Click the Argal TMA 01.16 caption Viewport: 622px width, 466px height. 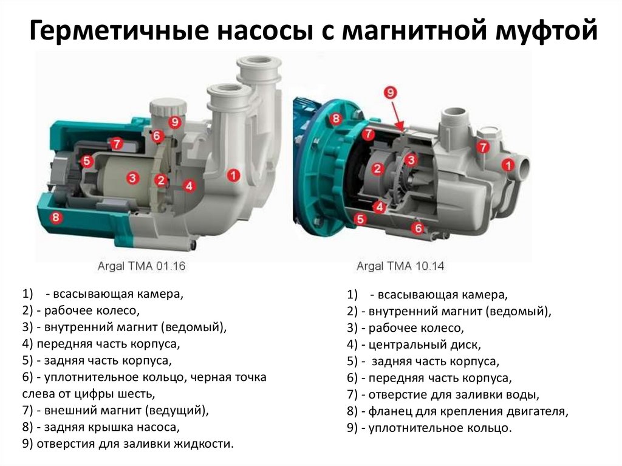click(x=142, y=266)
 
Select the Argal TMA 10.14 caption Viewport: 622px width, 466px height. click(x=400, y=266)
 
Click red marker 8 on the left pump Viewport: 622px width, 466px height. click(x=56, y=217)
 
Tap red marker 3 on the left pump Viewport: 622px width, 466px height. click(x=132, y=178)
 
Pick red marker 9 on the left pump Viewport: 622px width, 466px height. click(x=174, y=122)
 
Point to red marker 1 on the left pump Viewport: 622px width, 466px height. click(x=233, y=174)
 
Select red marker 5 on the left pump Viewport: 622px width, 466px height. click(x=86, y=161)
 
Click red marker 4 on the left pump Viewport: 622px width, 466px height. click(x=190, y=185)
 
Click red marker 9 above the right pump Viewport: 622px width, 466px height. click(x=391, y=92)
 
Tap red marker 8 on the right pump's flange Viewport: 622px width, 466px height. click(x=335, y=118)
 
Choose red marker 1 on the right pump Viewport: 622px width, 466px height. click(x=508, y=165)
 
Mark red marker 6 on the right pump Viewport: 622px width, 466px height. click(x=418, y=228)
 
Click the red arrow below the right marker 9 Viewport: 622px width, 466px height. click(x=398, y=115)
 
